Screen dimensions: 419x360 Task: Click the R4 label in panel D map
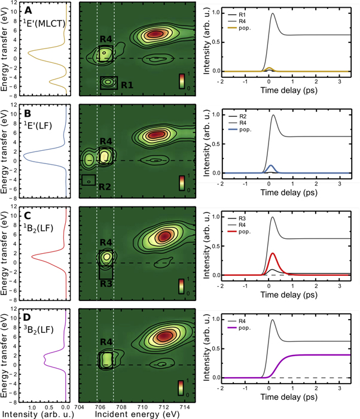106,343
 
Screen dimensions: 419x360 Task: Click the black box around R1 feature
108,82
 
